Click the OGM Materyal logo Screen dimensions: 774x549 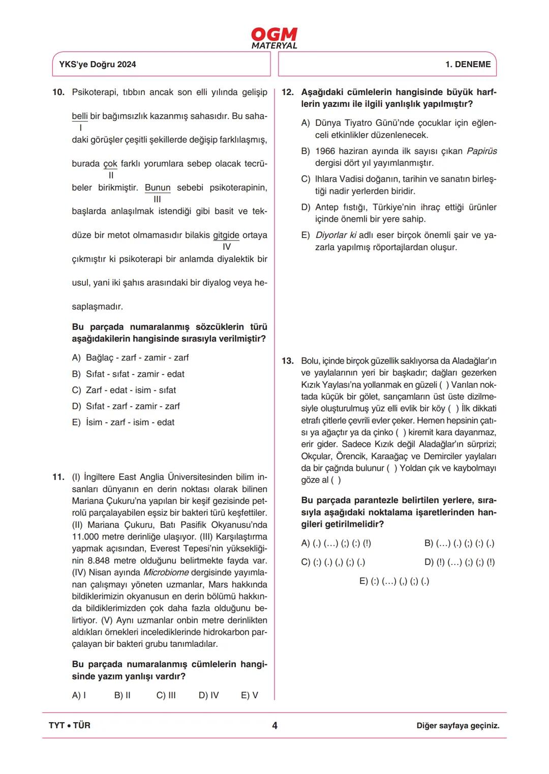[274, 38]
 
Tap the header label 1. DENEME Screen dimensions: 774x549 [468, 65]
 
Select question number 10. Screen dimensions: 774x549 [58, 92]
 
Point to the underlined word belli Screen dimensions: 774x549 [79, 116]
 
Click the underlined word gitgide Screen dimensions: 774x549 [226, 235]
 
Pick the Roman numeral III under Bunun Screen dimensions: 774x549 [157, 199]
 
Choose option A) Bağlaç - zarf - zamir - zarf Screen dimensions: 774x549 [130, 358]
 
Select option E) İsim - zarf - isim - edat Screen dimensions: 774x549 [123, 422]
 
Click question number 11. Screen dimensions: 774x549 [58, 477]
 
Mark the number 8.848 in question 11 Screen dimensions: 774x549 [99, 560]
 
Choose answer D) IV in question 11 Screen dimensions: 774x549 [208, 695]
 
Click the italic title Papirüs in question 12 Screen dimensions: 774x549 [481, 151]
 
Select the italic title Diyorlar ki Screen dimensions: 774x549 [336, 235]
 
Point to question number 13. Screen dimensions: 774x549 [288, 361]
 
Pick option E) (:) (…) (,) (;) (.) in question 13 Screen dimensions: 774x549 [394, 581]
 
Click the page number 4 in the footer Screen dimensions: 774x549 [274, 726]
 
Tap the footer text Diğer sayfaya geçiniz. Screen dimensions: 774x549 [457, 726]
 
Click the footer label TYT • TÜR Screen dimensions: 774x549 [70, 726]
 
